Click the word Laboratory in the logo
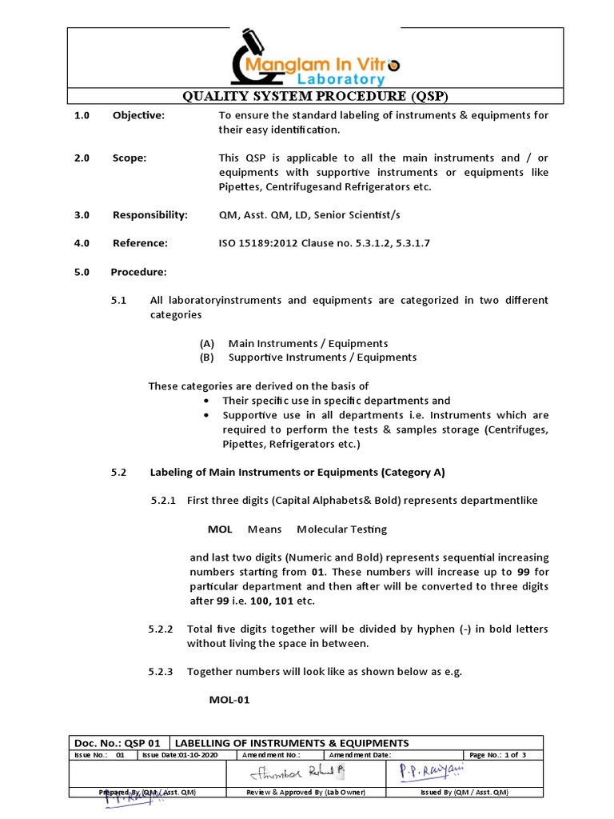[341, 79]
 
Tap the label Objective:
[138, 115]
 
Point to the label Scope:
[130, 158]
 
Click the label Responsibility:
[150, 215]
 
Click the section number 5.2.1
[164, 501]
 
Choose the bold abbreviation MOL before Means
[220, 529]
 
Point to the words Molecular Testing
[341, 529]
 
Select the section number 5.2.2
[161, 629]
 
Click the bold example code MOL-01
[229, 700]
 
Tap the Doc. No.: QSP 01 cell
[119, 743]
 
